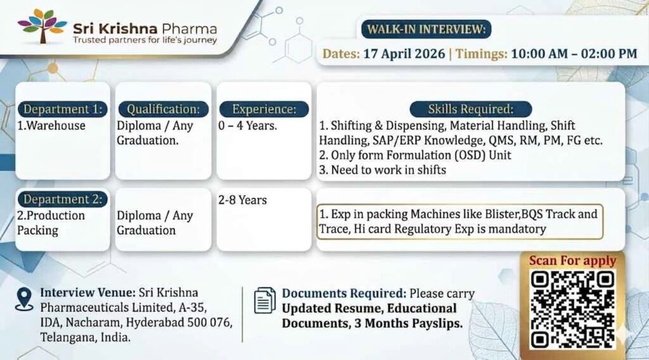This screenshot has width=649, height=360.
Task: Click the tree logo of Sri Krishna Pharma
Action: click(x=42, y=26)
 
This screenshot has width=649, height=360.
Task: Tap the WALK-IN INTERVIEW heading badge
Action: click(x=426, y=29)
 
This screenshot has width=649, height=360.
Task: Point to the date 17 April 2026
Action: click(x=402, y=54)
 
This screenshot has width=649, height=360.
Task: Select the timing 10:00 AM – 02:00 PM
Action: click(x=574, y=54)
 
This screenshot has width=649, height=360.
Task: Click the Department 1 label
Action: click(x=62, y=108)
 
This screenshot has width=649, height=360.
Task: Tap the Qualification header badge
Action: click(x=163, y=108)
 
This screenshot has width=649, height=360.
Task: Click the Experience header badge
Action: click(x=264, y=108)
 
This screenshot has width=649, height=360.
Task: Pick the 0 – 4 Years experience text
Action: click(x=247, y=125)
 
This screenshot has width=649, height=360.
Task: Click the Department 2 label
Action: click(x=62, y=199)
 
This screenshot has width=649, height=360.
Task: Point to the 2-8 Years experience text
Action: click(x=243, y=200)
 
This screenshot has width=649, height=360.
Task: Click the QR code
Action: click(x=572, y=309)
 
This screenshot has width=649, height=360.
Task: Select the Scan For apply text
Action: click(x=572, y=260)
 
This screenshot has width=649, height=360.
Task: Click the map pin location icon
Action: click(x=24, y=299)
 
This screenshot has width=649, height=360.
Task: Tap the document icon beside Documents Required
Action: click(x=264, y=300)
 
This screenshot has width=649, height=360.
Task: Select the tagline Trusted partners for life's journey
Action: click(x=145, y=41)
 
